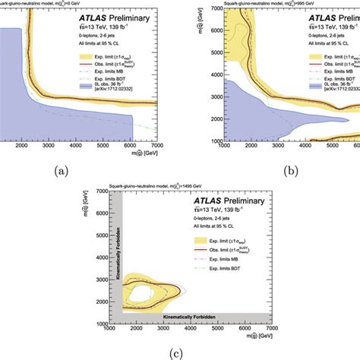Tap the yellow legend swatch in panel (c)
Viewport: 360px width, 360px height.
180,245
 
